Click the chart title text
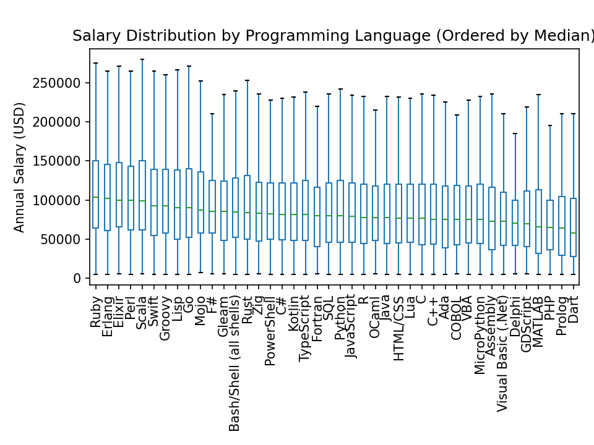coord(333,36)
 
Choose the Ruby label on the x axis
coord(95,309)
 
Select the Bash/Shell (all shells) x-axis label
coord(235,361)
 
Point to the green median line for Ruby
coord(95,197)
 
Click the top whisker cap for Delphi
coord(514,133)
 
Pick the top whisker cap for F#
coord(212,114)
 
